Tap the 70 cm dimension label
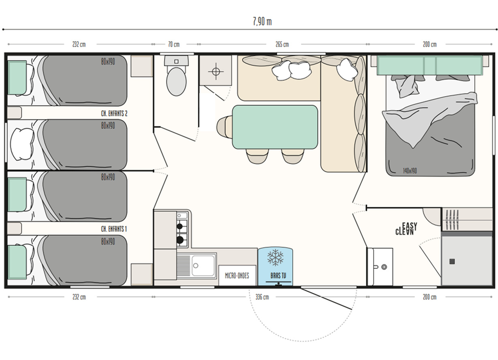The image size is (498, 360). (x=174, y=44)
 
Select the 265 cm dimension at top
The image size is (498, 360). (x=282, y=44)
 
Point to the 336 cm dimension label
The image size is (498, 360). (x=262, y=297)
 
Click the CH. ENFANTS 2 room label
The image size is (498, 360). (x=114, y=113)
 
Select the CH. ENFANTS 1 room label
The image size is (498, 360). (x=114, y=229)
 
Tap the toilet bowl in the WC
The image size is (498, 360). (x=176, y=81)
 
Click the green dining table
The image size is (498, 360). (x=275, y=127)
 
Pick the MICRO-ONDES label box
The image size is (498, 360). (x=237, y=276)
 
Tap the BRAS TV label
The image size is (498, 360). (x=278, y=276)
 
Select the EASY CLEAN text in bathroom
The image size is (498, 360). (x=406, y=229)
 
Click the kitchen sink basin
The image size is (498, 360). (x=203, y=266)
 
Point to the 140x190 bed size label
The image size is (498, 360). (x=410, y=171)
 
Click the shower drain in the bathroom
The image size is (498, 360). (x=452, y=262)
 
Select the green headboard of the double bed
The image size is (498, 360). (x=430, y=66)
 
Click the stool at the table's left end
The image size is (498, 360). (x=224, y=126)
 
